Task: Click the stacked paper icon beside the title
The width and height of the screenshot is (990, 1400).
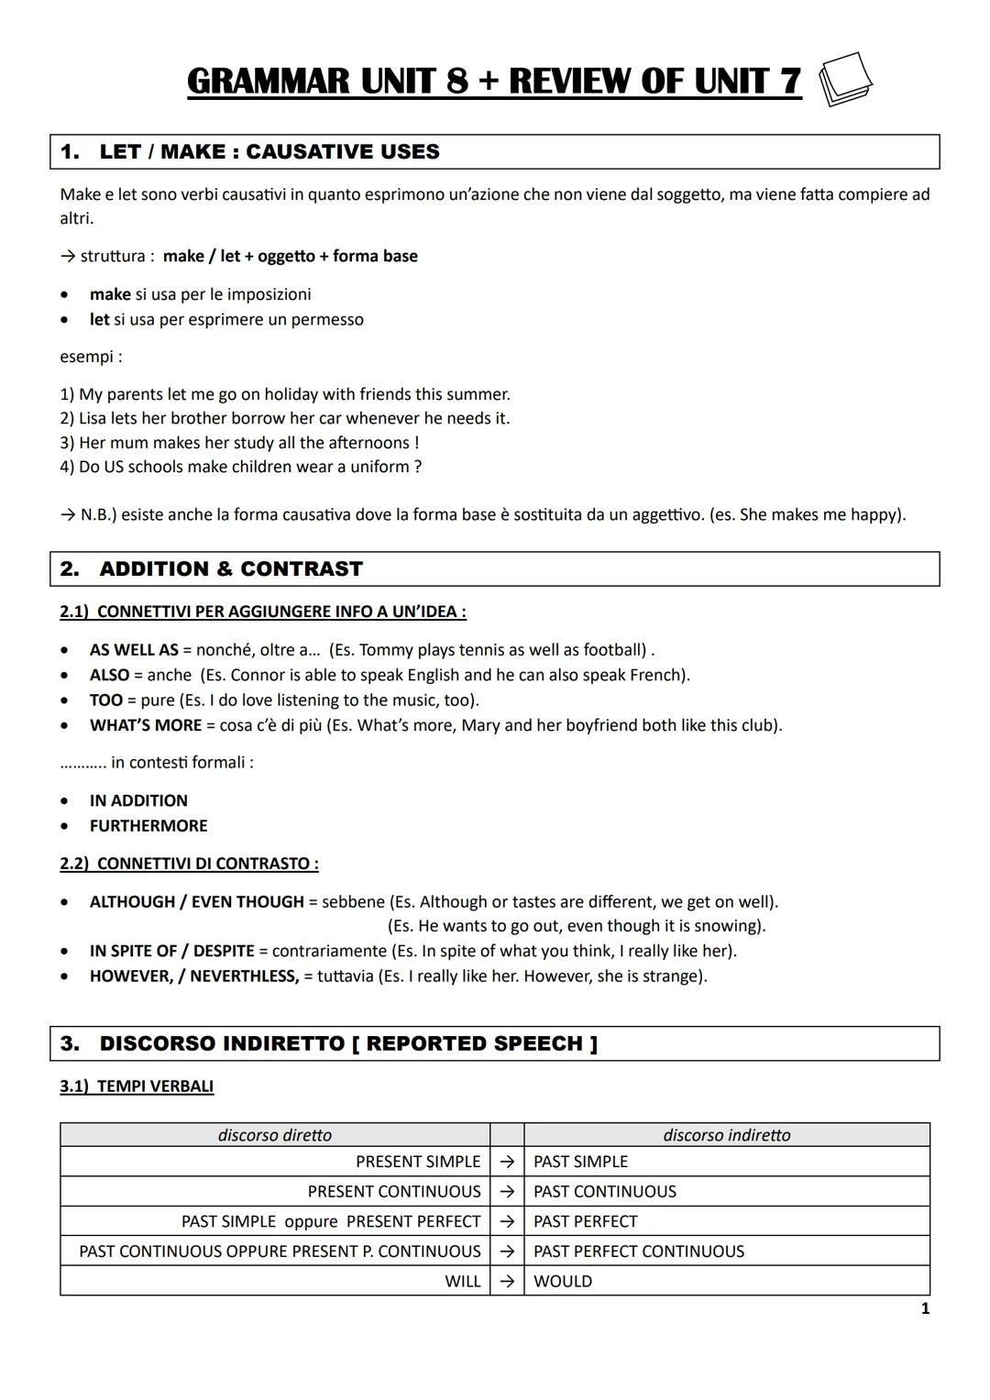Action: (844, 80)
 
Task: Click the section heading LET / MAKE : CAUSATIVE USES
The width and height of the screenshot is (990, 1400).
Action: (269, 152)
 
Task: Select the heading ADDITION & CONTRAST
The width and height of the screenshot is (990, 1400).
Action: (230, 569)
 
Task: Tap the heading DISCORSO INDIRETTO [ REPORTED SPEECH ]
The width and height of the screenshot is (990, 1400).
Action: (348, 1044)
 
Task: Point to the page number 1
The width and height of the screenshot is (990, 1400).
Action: (924, 1309)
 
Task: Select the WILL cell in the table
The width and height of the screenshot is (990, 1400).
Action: (462, 1282)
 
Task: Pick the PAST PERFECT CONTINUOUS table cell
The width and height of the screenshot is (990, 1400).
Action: (639, 1251)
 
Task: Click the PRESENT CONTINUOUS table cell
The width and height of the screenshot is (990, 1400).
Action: (394, 1192)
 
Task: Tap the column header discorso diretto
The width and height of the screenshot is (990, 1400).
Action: (275, 1135)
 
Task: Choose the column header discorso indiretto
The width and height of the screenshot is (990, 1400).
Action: (726, 1135)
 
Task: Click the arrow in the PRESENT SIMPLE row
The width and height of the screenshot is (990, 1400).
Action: (507, 1162)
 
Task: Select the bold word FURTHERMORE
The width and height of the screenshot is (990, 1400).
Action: (148, 826)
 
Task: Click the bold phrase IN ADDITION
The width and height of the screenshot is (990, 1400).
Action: (138, 801)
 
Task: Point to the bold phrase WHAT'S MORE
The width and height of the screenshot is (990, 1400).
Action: (145, 725)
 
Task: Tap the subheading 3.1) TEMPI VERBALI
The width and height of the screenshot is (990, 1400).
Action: (137, 1086)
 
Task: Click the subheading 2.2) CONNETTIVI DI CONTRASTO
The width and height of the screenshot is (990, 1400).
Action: (189, 864)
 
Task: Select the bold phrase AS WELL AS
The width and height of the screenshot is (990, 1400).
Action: (134, 650)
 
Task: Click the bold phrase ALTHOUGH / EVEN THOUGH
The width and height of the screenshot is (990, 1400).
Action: (196, 902)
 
